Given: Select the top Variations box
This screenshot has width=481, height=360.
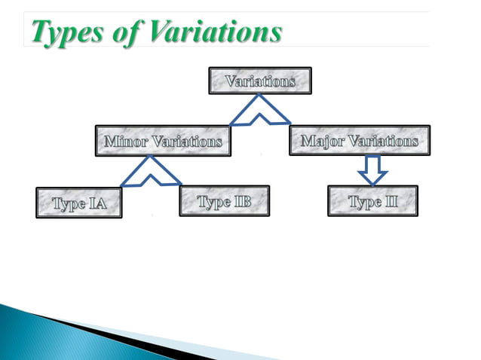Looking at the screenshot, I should tap(259, 81).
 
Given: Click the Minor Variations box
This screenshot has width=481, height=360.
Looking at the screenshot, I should tap(162, 141).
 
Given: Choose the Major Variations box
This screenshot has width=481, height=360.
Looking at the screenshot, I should tap(359, 141).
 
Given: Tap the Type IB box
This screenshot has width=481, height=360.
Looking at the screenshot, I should tap(224, 202).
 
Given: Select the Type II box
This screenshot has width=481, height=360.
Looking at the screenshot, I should tap(374, 202).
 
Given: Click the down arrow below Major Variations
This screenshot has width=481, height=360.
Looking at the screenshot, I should tap(371, 169).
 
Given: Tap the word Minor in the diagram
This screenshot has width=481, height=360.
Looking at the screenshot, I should tap(124, 141).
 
